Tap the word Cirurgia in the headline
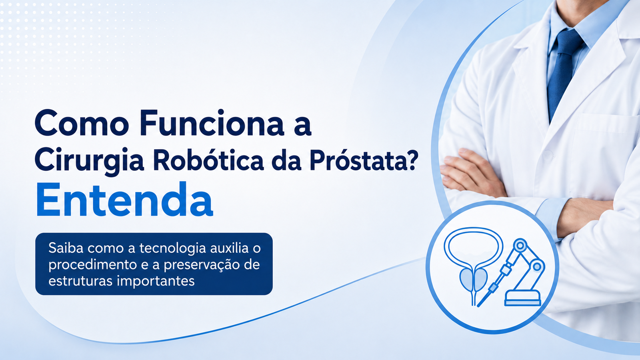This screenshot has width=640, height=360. (89, 160)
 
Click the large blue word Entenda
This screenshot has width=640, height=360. (124, 200)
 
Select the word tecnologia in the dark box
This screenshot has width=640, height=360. (172, 248)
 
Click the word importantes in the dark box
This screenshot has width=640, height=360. (156, 282)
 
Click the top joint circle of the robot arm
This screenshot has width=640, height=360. (520, 245)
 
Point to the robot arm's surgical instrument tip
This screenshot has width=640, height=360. (480, 305)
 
